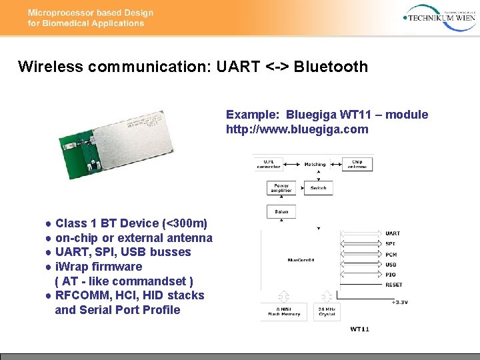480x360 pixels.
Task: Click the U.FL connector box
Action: [x=273, y=164]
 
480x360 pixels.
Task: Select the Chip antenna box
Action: [x=357, y=164]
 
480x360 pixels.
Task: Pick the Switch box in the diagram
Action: [x=318, y=188]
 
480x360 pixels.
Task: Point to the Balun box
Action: [x=281, y=212]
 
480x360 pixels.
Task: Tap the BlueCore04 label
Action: [x=301, y=259]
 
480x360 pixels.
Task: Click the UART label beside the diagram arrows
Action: [x=393, y=233]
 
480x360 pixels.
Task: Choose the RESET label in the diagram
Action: [x=394, y=285]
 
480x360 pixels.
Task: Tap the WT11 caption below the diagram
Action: [x=359, y=329]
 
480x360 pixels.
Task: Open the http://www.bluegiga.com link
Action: [x=297, y=129]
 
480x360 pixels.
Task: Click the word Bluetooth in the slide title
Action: [x=331, y=67]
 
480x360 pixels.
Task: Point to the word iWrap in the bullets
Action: [x=71, y=267]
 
